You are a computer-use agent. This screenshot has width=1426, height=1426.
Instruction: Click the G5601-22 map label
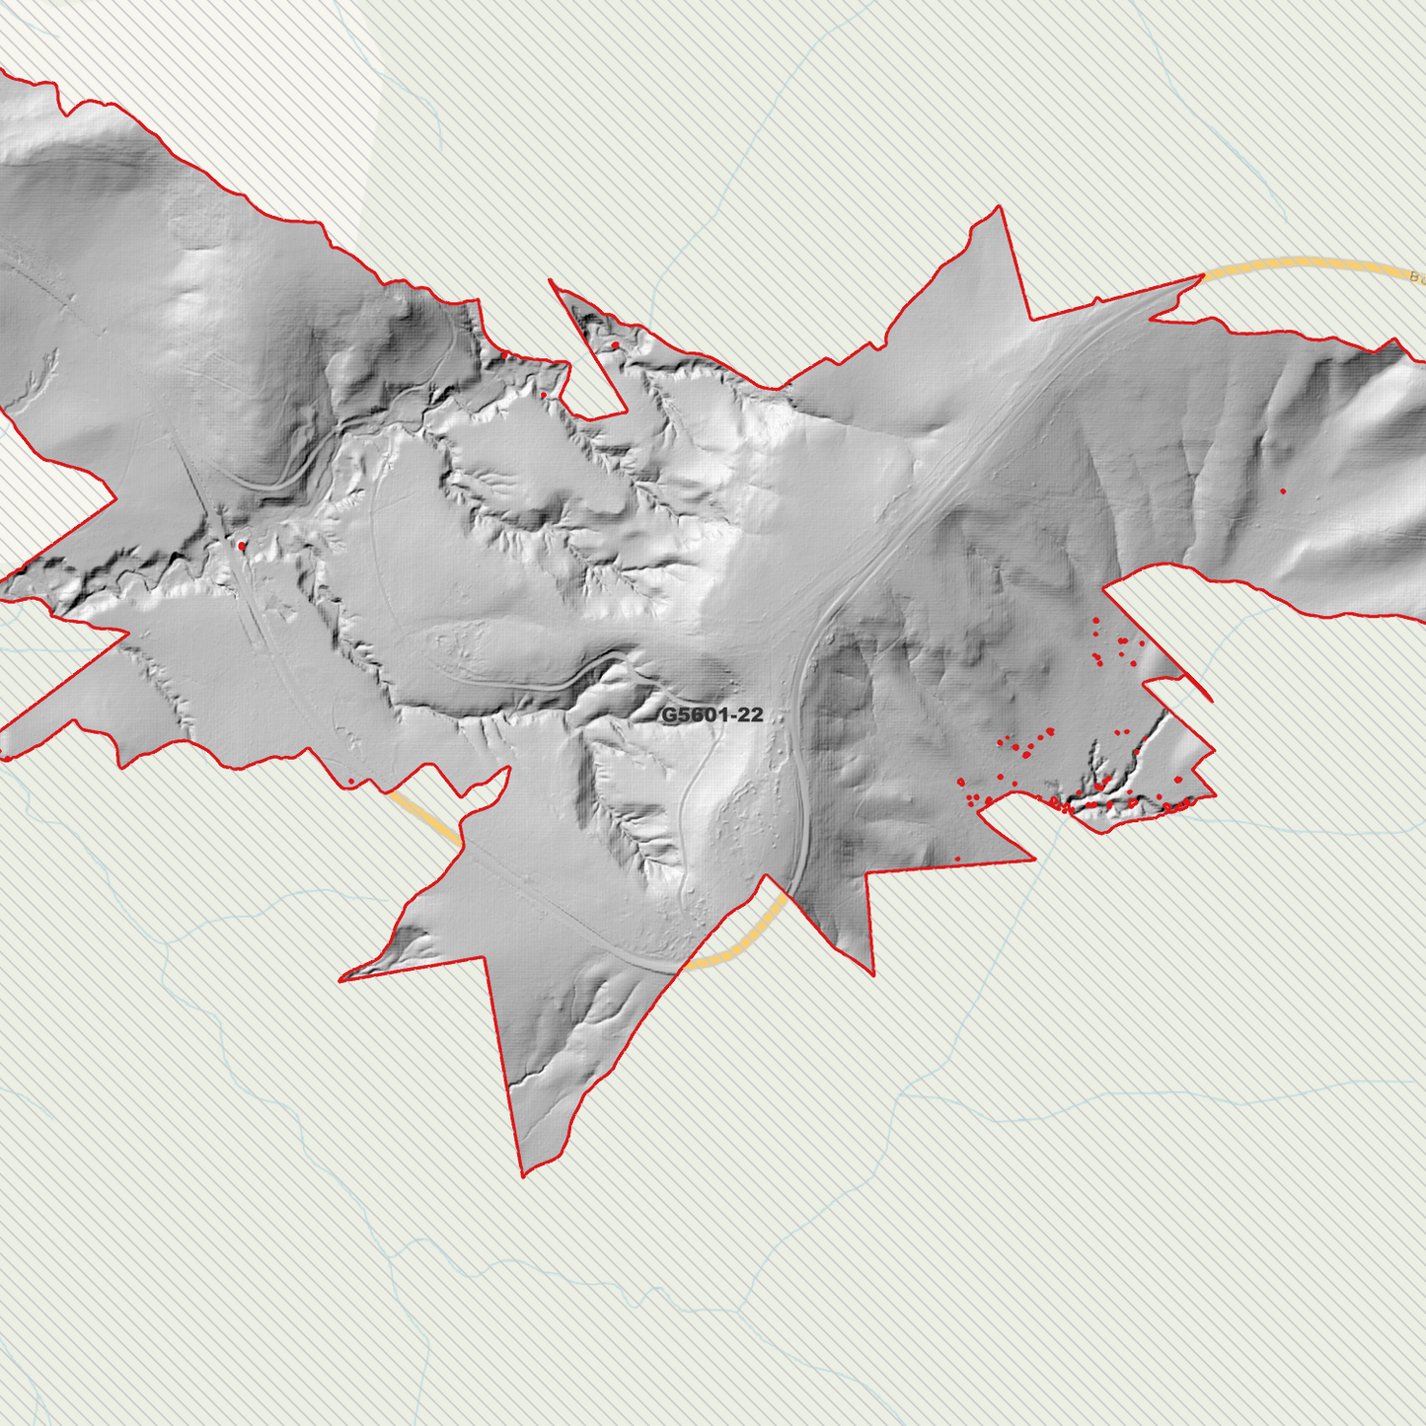point(712,714)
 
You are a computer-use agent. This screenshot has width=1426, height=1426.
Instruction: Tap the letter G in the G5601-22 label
point(668,714)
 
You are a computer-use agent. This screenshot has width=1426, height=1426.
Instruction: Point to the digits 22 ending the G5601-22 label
point(751,714)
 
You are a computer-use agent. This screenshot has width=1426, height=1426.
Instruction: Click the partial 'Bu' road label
point(1417,277)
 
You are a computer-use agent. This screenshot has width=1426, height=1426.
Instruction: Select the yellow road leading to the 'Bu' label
point(1303,263)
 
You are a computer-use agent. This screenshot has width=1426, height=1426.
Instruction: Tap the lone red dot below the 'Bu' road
point(1283,491)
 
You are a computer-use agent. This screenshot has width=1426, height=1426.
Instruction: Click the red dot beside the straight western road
point(242,546)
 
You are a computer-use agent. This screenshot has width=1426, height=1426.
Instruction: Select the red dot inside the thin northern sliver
point(615,344)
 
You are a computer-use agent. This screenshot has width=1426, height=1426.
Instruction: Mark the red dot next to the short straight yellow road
point(351,782)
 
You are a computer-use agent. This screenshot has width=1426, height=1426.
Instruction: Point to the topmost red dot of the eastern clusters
point(1095,621)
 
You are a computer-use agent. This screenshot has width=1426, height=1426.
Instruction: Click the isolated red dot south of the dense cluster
point(957,860)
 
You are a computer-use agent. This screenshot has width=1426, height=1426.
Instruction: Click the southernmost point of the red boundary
point(523,1176)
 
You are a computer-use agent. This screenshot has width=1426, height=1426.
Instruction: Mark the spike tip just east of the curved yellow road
point(873,975)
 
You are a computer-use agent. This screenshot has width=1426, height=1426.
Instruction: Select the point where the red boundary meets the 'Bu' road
point(1203,276)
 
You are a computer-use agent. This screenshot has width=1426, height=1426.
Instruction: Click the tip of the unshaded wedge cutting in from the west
point(117,498)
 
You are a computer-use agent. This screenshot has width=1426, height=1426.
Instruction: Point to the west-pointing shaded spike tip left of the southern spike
point(339,980)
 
